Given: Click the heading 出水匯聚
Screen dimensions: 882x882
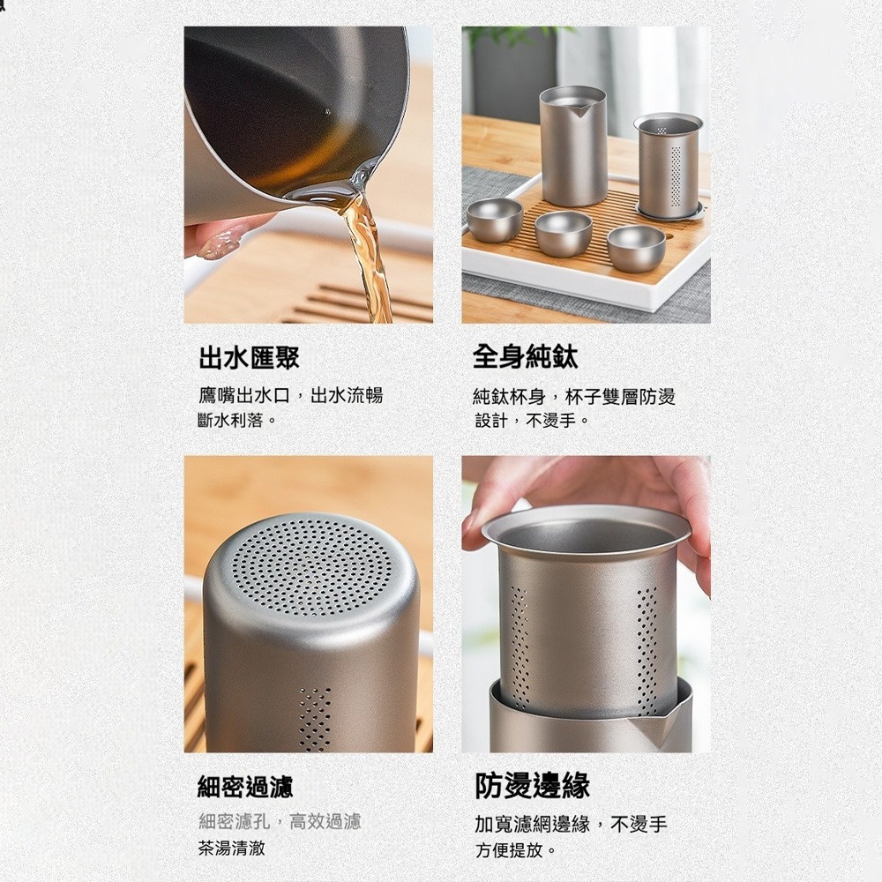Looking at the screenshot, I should pyautogui.click(x=250, y=357).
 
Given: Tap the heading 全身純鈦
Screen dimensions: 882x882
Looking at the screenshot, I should pyautogui.click(x=526, y=357).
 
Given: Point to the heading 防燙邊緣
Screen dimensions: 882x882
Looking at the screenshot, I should pyautogui.click(x=533, y=786).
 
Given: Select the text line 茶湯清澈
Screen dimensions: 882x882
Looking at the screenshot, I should pyautogui.click(x=232, y=848).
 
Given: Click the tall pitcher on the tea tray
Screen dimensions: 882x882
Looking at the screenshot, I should pyautogui.click(x=572, y=146).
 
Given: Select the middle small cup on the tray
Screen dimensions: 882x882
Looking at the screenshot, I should pyautogui.click(x=564, y=234).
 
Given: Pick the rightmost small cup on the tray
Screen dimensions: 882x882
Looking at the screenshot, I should pyautogui.click(x=636, y=248).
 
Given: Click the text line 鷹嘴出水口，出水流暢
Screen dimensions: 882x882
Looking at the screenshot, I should pyautogui.click(x=290, y=396).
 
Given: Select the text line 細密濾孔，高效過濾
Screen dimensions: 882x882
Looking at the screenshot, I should pyautogui.click(x=280, y=822).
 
